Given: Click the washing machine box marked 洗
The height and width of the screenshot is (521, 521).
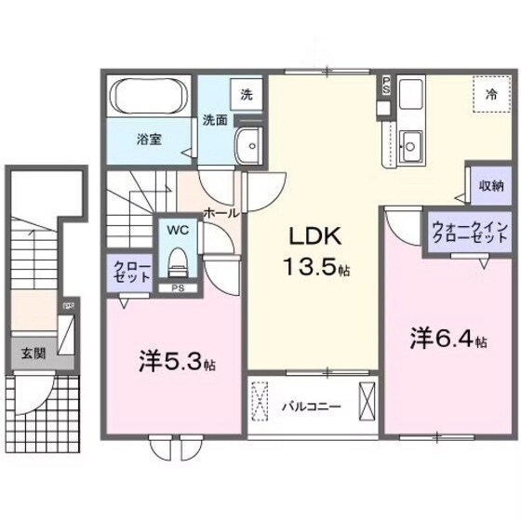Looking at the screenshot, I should (247, 94).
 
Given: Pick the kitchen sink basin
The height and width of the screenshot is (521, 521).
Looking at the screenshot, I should (410, 143).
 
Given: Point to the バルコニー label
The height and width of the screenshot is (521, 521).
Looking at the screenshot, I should (311, 406).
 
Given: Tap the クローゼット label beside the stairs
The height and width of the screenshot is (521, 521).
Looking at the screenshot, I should (125, 272).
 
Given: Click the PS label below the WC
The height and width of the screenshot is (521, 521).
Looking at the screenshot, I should (177, 288).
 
